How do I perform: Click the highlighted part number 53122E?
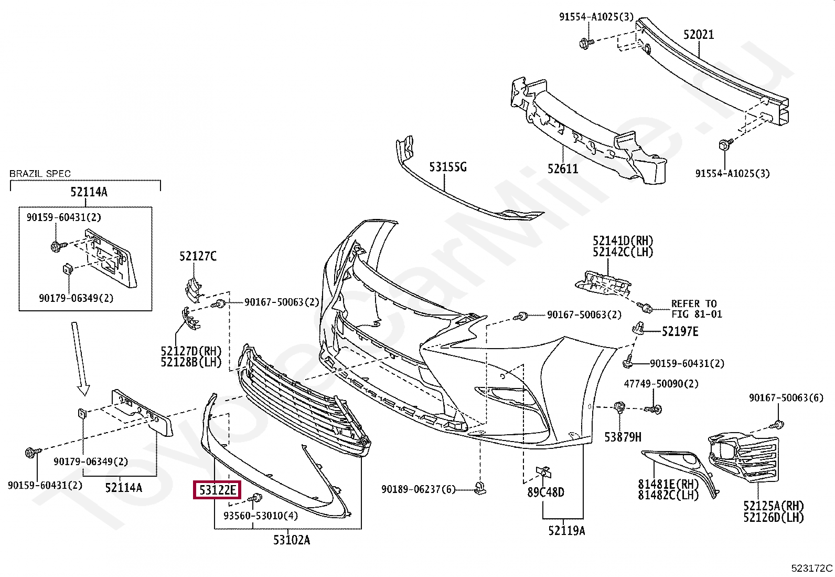tap(217, 491)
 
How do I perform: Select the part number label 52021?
tap(698, 35)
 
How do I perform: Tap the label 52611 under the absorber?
tap(563, 169)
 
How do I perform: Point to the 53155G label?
tap(447, 167)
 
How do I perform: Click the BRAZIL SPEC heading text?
tap(40, 174)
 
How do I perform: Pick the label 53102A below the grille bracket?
tap(291, 539)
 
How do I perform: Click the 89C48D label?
tap(546, 492)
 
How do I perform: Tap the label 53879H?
tap(623, 436)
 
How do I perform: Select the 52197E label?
tap(680, 331)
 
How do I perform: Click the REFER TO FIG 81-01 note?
tap(697, 309)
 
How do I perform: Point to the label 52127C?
tap(198, 256)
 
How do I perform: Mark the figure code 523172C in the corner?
tap(812, 568)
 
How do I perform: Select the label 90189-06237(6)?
tap(419, 489)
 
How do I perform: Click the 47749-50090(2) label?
tap(661, 384)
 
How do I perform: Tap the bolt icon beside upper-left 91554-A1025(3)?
tap(586, 42)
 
